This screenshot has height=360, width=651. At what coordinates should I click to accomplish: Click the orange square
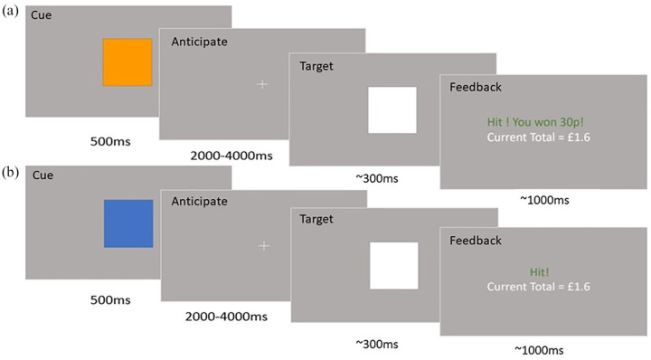127,62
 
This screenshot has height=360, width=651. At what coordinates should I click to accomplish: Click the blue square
128,223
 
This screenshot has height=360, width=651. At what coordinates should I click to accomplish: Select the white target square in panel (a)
392,109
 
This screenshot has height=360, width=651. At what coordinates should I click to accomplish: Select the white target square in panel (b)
394,266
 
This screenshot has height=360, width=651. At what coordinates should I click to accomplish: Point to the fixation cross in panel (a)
262,84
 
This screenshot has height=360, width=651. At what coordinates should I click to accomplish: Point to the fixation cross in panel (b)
264,245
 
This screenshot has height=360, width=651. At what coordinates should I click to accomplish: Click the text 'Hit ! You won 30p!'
537,121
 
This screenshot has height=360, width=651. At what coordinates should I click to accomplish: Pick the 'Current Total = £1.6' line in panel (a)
538,137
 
